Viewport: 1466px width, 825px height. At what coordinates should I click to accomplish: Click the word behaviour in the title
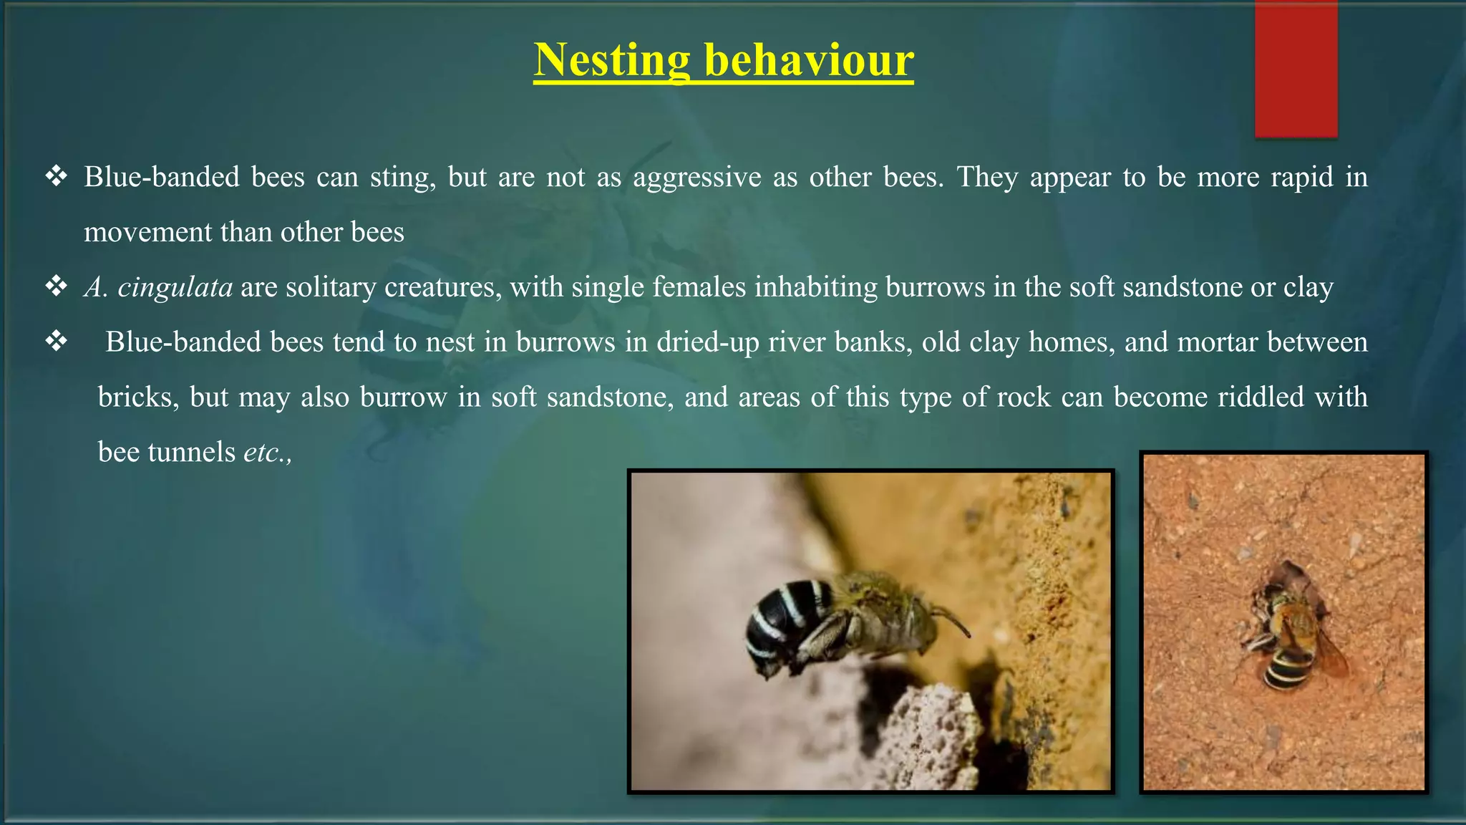pyautogui.click(x=809, y=60)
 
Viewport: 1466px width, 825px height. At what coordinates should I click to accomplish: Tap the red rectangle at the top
pyautogui.click(x=1296, y=69)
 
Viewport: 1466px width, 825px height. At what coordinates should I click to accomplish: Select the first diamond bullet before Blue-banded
pyautogui.click(x=56, y=176)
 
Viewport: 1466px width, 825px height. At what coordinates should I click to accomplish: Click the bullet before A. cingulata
pyautogui.click(x=56, y=286)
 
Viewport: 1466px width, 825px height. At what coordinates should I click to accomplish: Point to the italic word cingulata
pyautogui.click(x=175, y=287)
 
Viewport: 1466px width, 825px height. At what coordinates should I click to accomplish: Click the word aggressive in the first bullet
pyautogui.click(x=696, y=177)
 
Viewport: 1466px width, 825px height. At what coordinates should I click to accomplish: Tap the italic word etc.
pyautogui.click(x=263, y=452)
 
